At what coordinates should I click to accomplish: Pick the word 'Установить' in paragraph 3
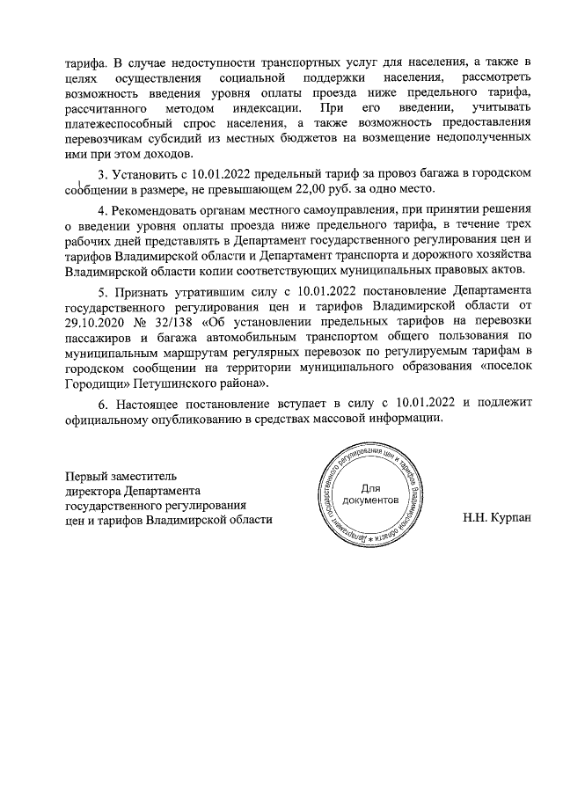click(147, 174)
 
